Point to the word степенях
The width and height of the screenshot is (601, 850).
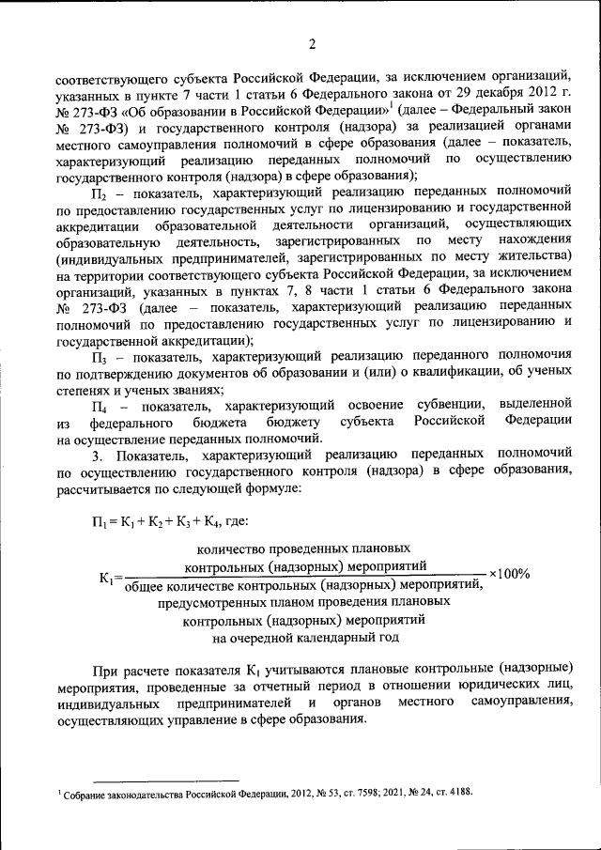tap(85, 390)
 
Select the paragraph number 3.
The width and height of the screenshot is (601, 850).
tap(96, 456)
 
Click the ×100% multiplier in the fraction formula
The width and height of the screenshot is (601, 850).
tap(509, 575)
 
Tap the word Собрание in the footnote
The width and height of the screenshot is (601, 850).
tap(85, 794)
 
